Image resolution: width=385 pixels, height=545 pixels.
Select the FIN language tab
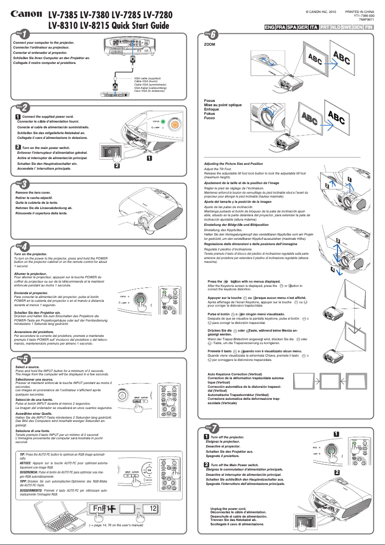[369, 27]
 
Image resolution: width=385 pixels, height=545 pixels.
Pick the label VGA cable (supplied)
[147, 77]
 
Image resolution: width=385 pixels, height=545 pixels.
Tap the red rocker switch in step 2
[110, 152]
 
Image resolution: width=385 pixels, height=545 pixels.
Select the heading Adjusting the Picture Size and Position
[233, 164]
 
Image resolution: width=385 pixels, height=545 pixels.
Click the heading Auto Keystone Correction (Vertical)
[235, 374]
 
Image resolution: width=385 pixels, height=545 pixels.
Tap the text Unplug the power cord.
[229, 508]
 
